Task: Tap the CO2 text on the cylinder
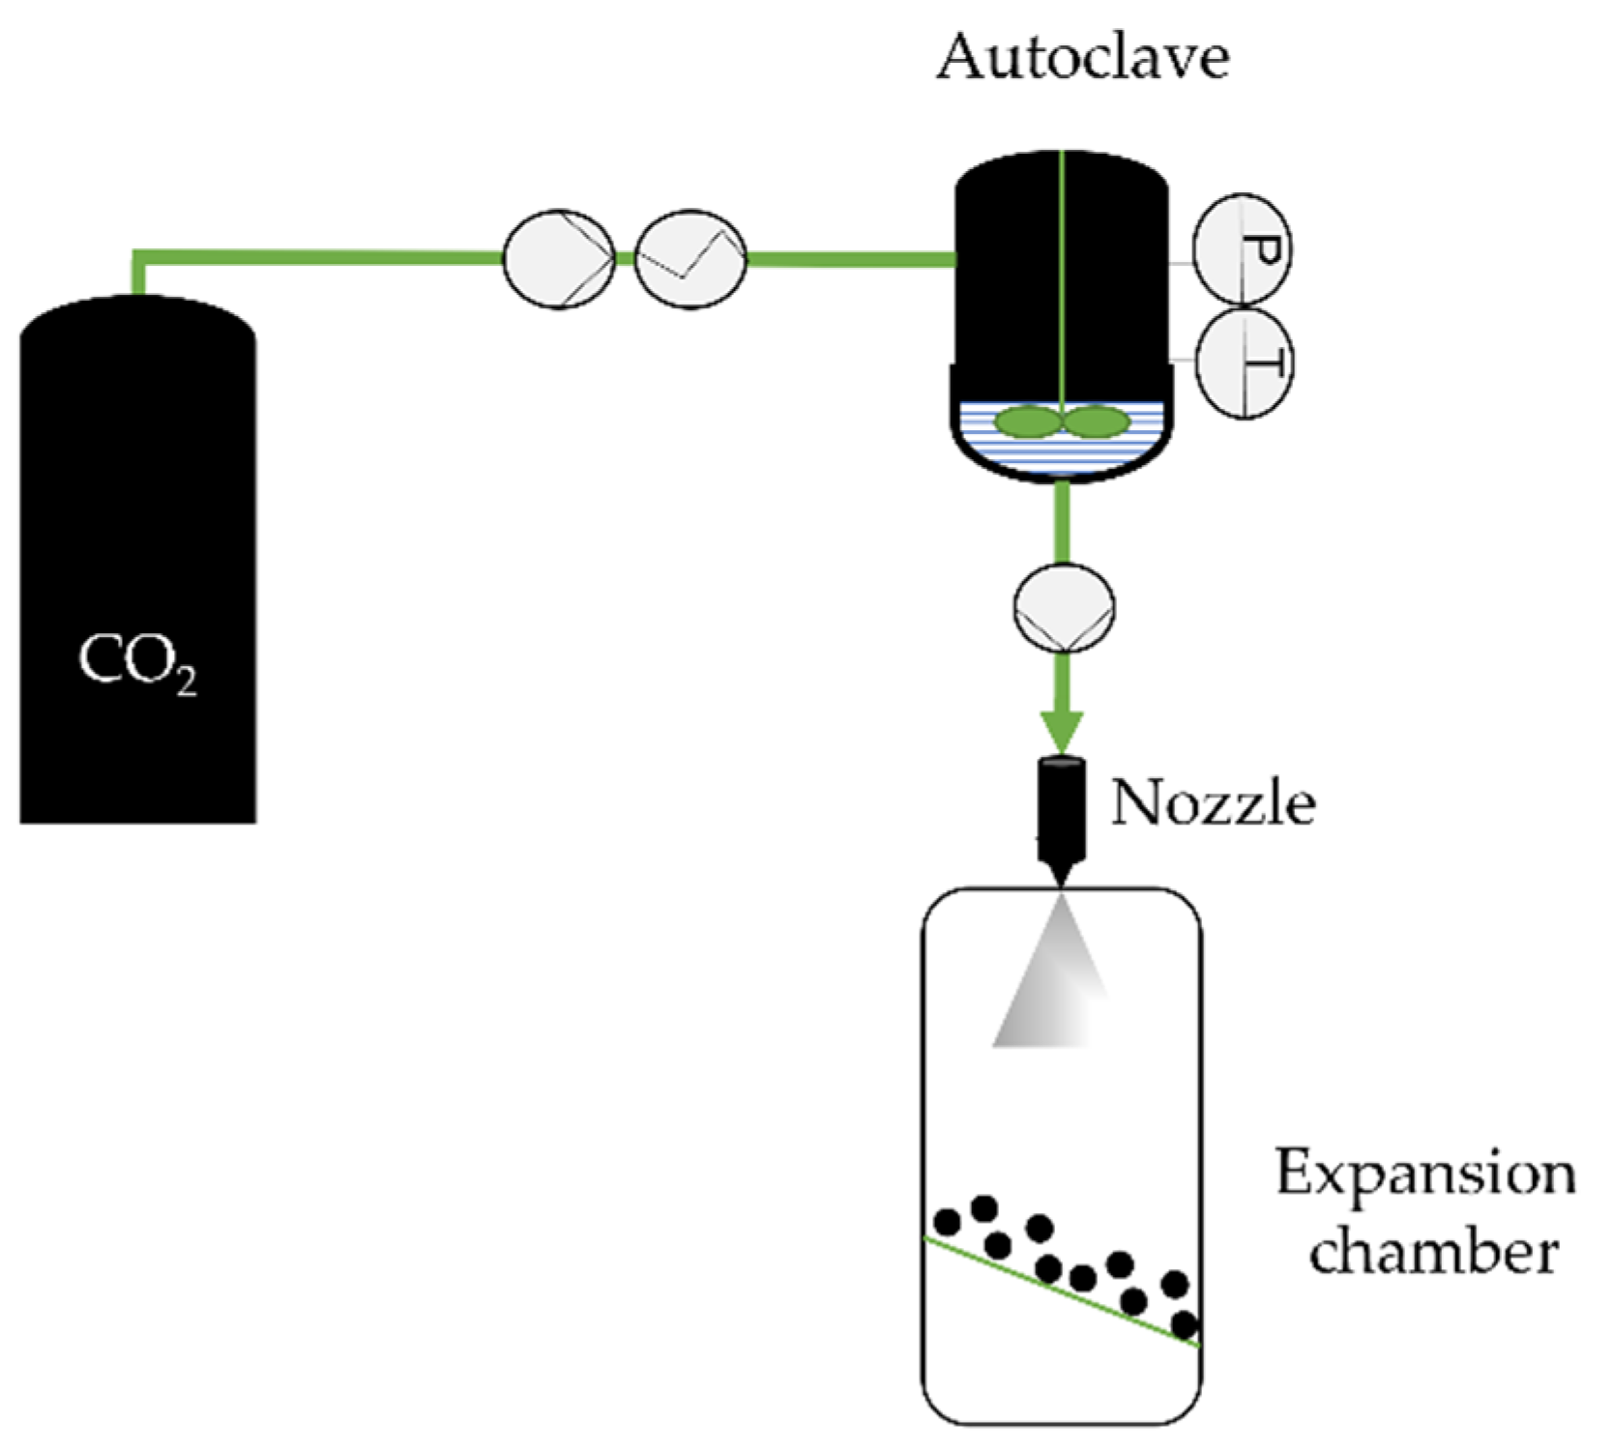136,662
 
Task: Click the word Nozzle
1213,802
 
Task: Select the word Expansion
1424,1174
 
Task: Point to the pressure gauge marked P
1243,249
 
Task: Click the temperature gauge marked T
1245,363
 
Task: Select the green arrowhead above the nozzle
1062,730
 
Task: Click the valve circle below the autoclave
1064,607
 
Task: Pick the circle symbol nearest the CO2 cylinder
558,259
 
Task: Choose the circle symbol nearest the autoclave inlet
689,259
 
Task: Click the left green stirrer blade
1028,422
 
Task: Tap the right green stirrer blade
1097,422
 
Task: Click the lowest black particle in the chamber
1185,1323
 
